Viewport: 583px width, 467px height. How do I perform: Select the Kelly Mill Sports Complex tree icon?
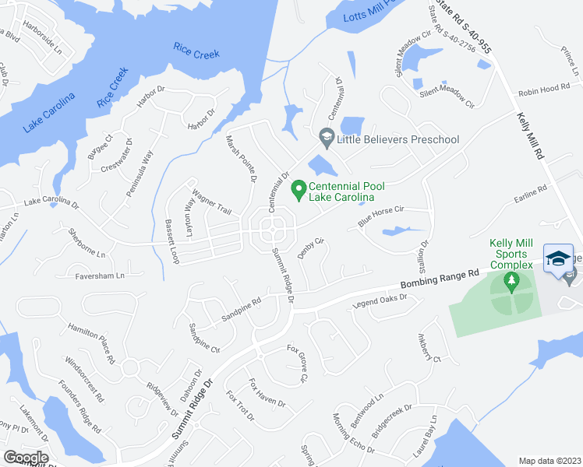tap(511, 283)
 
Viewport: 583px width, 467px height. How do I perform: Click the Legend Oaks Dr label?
tap(380, 300)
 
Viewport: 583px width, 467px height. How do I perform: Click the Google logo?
tap(26, 458)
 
